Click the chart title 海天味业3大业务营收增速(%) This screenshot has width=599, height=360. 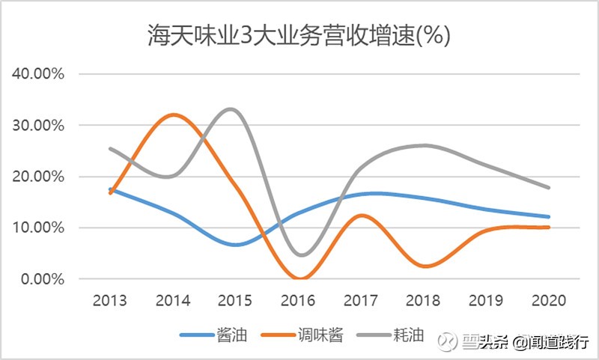[x=299, y=36]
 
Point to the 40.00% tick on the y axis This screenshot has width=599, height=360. [x=38, y=74]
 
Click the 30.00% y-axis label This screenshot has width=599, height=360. [x=38, y=125]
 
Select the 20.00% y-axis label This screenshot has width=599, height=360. [x=38, y=177]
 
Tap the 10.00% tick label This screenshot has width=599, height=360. [x=38, y=228]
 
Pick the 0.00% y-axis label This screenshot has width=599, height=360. [x=42, y=278]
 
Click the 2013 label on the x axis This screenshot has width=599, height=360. [x=110, y=301]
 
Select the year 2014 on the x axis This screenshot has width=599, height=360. [x=173, y=301]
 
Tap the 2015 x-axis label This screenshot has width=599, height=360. [x=236, y=301]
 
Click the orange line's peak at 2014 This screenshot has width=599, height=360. [x=174, y=115]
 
